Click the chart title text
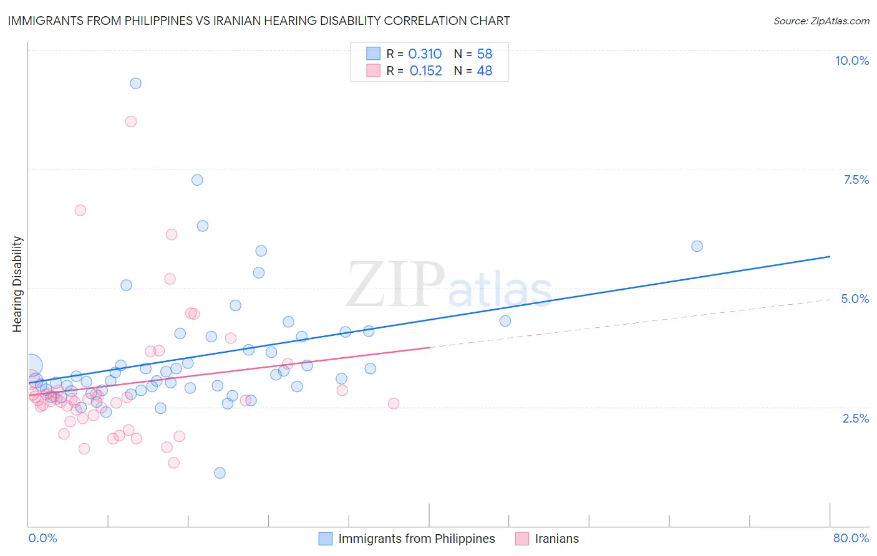(x=259, y=21)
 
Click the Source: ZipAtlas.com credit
(x=821, y=21)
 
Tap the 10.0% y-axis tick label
(x=851, y=60)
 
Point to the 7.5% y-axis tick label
(x=856, y=180)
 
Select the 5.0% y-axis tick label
(x=855, y=299)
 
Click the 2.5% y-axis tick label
(x=855, y=418)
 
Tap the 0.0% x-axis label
(x=42, y=538)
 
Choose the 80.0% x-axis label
(x=851, y=538)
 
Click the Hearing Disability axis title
(x=17, y=284)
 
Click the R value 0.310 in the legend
(x=425, y=54)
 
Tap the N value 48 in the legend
(x=485, y=71)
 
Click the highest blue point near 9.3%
(x=135, y=84)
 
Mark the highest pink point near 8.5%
(x=131, y=122)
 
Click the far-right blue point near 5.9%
(x=697, y=246)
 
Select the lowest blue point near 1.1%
(x=220, y=473)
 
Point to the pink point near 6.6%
(x=80, y=211)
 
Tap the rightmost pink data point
(x=394, y=403)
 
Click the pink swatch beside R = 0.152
(x=373, y=71)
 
